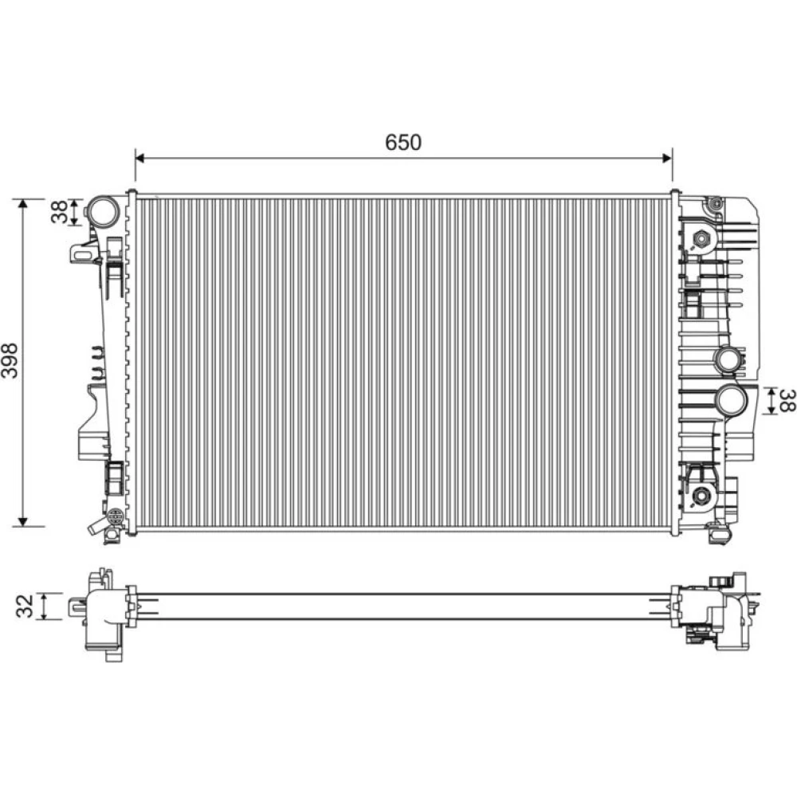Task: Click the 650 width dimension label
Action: [x=403, y=143]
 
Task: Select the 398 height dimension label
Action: [x=10, y=360]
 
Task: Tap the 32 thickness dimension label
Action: [x=25, y=606]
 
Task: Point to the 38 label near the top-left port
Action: [x=59, y=211]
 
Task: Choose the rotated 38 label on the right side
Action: [x=787, y=400]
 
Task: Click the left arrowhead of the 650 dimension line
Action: [x=141, y=159]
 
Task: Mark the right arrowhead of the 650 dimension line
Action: [x=666, y=159]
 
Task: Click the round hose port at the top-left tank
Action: [x=103, y=210]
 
